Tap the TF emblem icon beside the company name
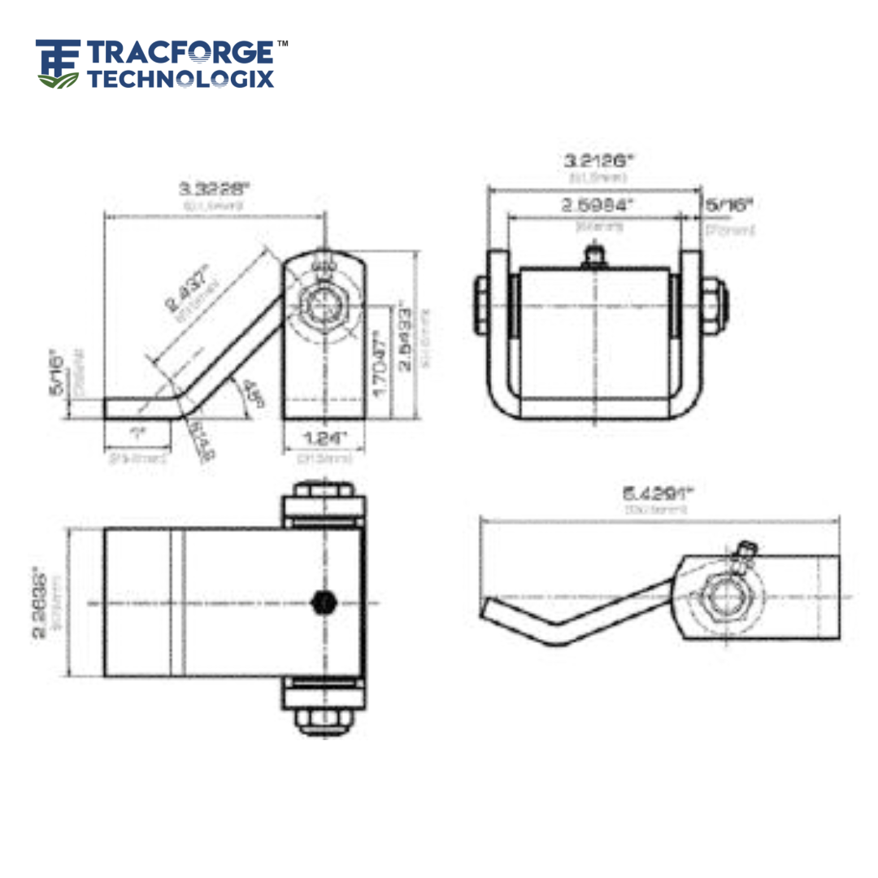coord(59,63)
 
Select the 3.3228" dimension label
coord(215,189)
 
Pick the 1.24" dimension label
coord(324,438)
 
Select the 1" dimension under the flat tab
coord(137,433)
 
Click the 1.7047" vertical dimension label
coord(380,361)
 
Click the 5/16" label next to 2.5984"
coord(729,205)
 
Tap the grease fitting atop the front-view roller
coord(596,258)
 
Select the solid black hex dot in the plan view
coord(324,602)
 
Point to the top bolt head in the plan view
coord(324,491)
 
